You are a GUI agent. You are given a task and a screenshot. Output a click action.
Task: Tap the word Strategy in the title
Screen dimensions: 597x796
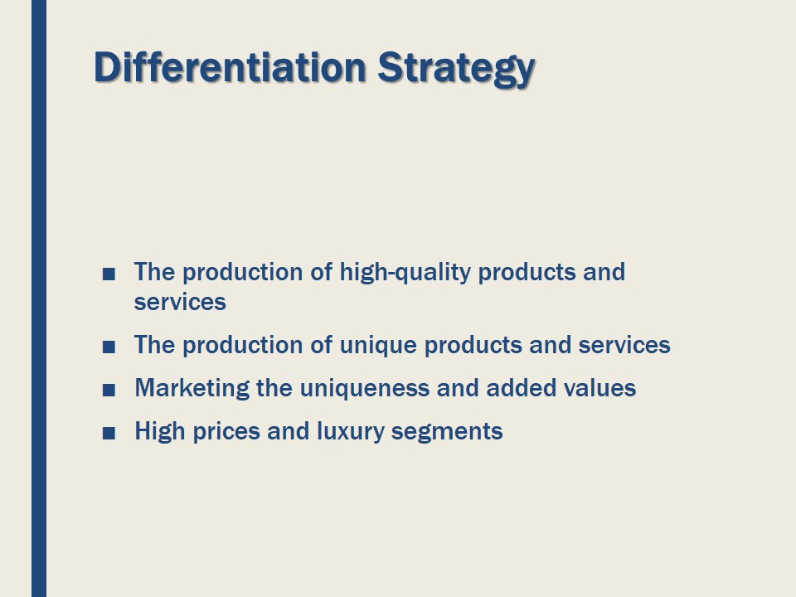[x=456, y=69]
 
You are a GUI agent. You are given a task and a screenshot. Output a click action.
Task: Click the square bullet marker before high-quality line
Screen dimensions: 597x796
[x=109, y=274]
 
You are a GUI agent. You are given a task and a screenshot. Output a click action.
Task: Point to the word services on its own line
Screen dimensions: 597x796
[x=180, y=302]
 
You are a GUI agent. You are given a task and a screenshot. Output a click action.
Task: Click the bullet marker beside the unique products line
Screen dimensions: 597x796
[x=109, y=347]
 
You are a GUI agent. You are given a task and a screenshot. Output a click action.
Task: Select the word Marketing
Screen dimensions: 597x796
[x=192, y=389]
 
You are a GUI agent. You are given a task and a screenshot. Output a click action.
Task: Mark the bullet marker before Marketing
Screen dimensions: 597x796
[x=109, y=390]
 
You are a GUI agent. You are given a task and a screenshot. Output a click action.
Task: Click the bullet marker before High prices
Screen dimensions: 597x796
[x=109, y=433]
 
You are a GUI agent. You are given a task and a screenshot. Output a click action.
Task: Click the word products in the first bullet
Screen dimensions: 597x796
[x=522, y=273]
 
